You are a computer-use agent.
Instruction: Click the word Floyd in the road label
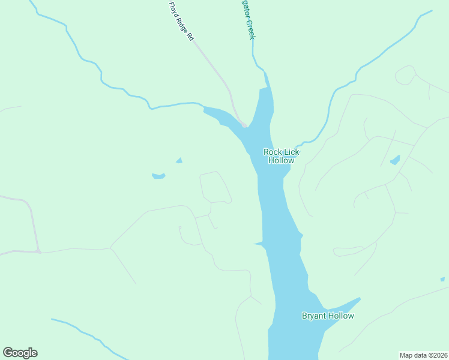[x=174, y=8]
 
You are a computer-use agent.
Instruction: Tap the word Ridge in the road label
[x=182, y=22]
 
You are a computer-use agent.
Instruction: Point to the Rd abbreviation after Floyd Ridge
[x=190, y=36]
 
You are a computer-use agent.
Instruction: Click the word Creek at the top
[x=252, y=29]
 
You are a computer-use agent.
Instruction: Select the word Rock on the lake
[x=273, y=152]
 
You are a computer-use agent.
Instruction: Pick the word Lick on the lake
[x=291, y=152]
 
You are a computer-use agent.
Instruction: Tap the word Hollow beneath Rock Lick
[x=281, y=161]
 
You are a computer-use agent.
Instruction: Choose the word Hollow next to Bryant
[x=341, y=316]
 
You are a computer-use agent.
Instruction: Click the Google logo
[x=20, y=353]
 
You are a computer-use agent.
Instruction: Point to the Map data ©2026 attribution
[x=423, y=355]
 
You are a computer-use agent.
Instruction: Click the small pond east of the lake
[x=395, y=160]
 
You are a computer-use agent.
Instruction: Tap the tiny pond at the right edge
[x=442, y=279]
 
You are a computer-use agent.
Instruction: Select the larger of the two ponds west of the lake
[x=158, y=176]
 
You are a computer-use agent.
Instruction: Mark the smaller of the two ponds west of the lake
[x=179, y=160]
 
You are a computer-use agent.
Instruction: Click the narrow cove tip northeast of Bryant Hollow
[x=358, y=299]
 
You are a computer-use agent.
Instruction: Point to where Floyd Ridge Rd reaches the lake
[x=244, y=125]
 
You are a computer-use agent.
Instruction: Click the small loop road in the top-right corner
[x=405, y=75]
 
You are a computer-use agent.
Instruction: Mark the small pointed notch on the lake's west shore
[x=256, y=244]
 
